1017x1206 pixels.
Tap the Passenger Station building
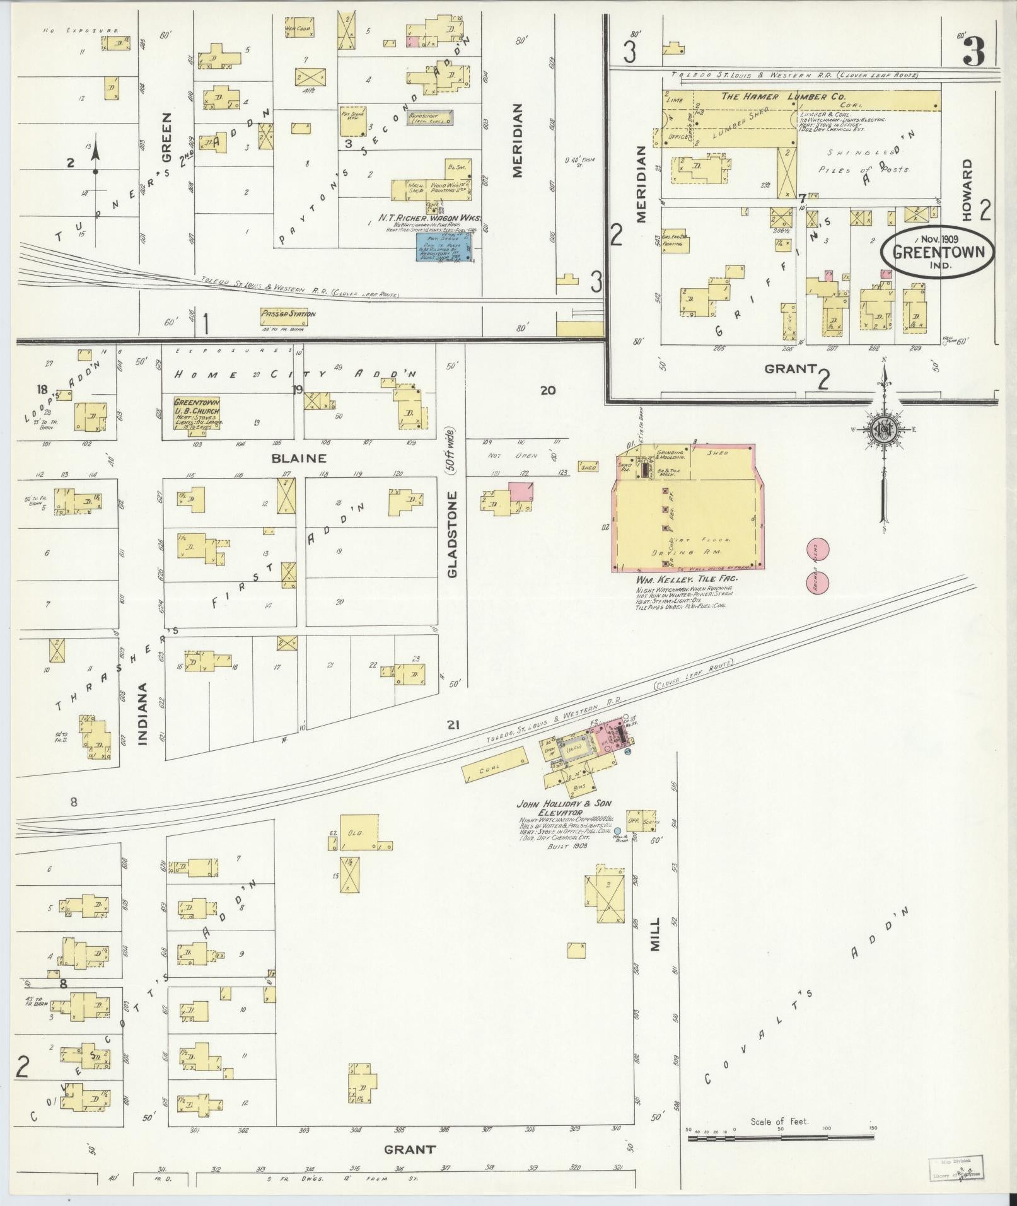click(x=288, y=314)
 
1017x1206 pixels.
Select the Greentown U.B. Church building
click(x=196, y=413)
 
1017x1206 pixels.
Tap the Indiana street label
click(x=143, y=714)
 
